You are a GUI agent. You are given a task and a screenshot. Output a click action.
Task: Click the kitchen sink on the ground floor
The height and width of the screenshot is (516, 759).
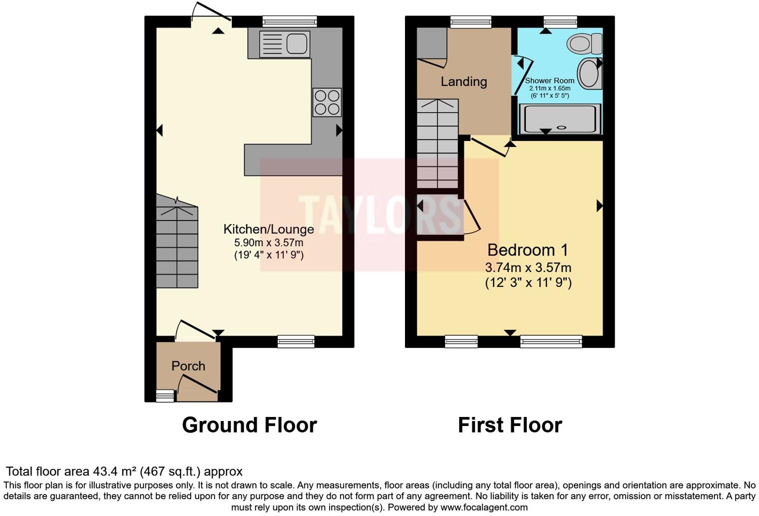point(285,44)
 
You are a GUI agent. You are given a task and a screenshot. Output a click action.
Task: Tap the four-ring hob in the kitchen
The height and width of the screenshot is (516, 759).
point(327,102)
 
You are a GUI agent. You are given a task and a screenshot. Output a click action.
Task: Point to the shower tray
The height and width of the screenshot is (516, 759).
point(560,119)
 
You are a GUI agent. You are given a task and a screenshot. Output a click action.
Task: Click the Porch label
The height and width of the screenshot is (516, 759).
point(188,366)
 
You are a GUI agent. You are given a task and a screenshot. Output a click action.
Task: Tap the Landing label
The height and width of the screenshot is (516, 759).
point(463,81)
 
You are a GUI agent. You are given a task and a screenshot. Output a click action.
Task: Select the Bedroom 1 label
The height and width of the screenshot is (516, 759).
point(528,250)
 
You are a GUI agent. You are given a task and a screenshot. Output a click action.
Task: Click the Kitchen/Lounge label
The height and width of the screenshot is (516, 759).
point(269,229)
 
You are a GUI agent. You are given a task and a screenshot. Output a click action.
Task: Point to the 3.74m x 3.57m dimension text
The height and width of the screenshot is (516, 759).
point(528,267)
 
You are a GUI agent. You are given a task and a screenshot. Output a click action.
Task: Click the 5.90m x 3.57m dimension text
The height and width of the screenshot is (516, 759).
point(269,243)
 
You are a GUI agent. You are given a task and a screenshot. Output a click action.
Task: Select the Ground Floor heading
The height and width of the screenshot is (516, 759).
point(249,425)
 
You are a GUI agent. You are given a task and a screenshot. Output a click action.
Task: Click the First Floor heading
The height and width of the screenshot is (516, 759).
point(510,425)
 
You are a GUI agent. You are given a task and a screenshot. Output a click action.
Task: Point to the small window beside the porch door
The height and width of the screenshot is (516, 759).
point(165,396)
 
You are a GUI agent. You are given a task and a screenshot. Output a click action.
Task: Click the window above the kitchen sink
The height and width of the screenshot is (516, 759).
point(290,21)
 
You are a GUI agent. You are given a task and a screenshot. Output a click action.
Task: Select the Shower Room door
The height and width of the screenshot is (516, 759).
point(523,76)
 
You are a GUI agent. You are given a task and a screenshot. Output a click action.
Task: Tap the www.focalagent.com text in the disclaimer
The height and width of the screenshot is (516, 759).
point(484,507)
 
